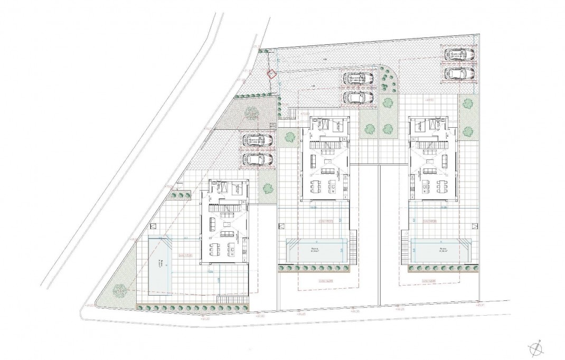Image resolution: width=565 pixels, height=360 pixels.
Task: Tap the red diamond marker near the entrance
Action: point(272,75)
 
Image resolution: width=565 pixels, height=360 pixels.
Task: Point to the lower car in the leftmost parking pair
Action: point(258,159)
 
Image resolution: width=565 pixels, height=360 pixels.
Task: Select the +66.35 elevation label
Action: point(354,311)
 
